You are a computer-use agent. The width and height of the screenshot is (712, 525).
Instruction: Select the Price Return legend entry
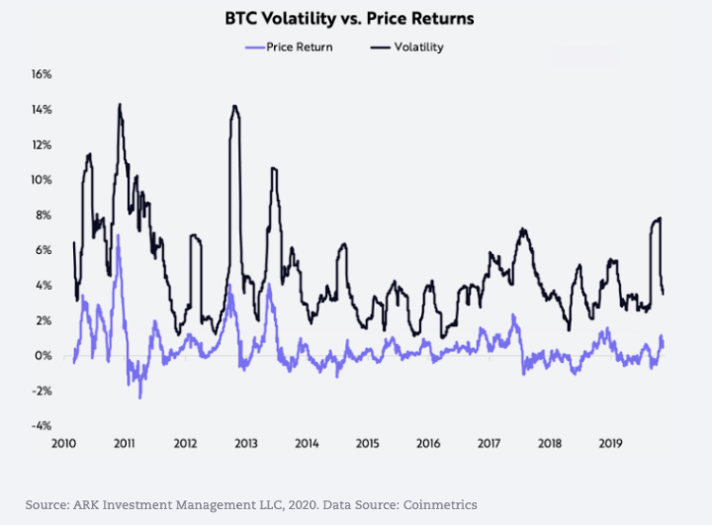point(298,46)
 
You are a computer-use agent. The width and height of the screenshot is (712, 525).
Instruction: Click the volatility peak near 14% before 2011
point(120,104)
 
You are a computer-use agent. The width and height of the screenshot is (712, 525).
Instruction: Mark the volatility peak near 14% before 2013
point(234,106)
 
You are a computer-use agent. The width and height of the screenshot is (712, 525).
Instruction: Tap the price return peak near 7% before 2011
point(119,235)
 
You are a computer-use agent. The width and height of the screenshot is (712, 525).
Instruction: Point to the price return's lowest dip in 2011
point(140,397)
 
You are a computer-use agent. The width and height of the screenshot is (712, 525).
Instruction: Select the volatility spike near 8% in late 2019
point(659,218)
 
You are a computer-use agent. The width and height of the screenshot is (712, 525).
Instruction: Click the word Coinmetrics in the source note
point(439,504)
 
